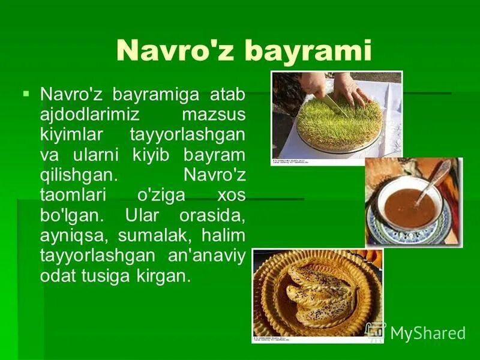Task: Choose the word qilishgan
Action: (76, 175)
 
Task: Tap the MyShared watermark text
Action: (427, 333)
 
